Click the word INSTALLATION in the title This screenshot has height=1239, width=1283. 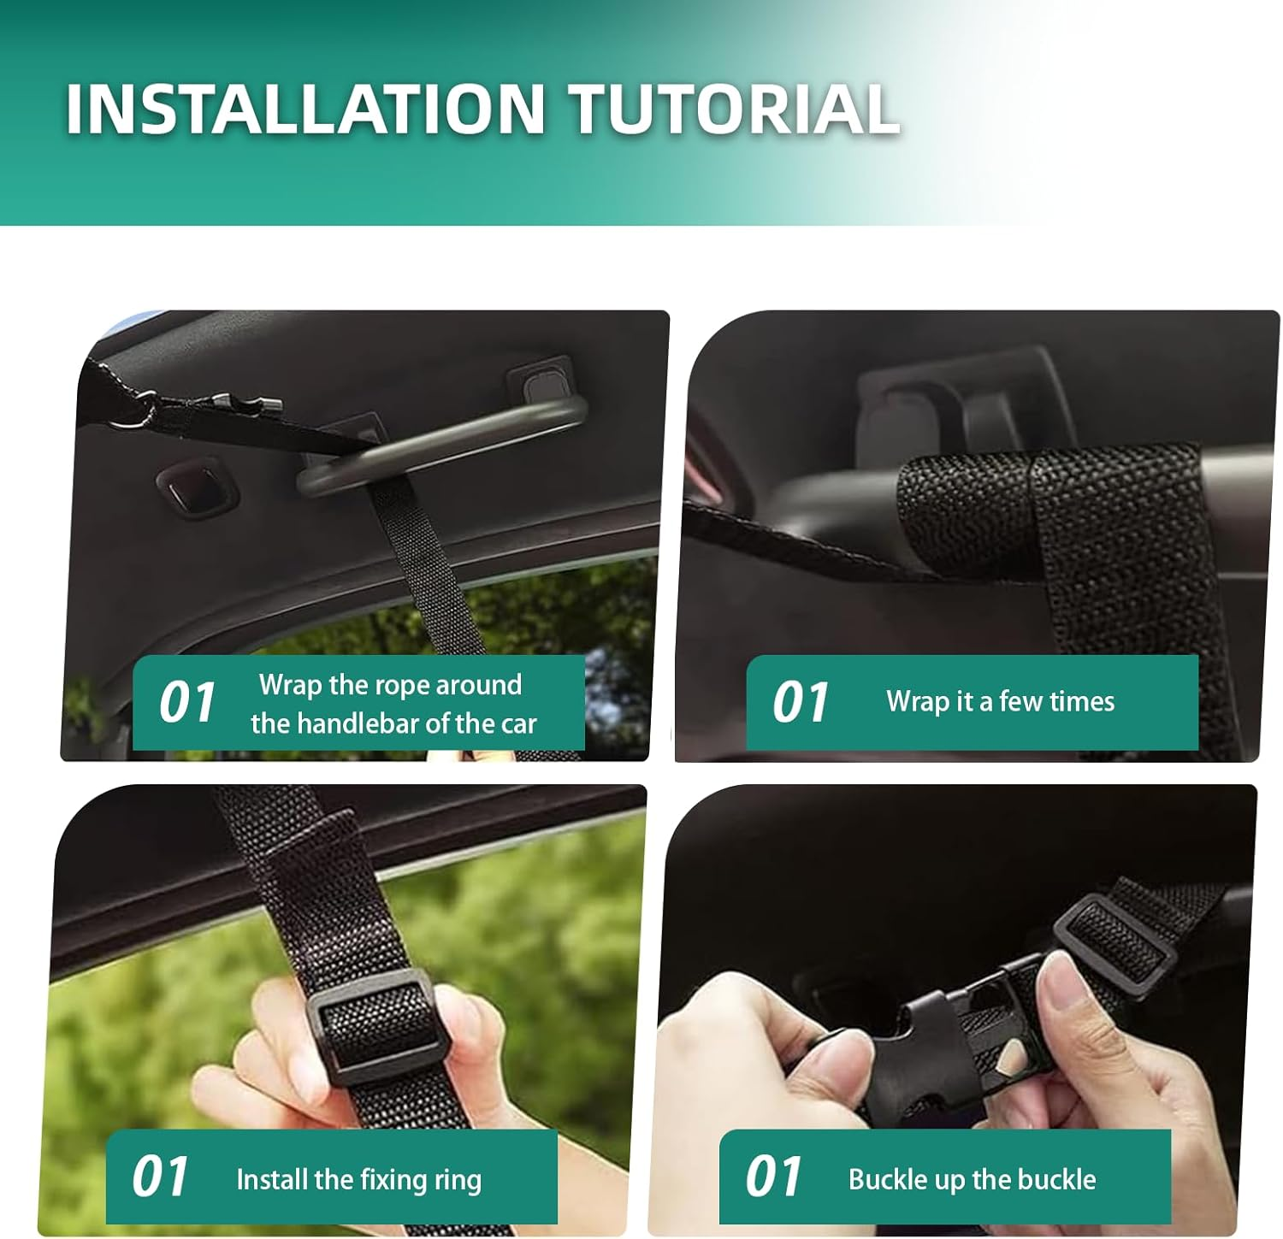click(x=305, y=109)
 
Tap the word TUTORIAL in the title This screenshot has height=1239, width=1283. click(x=735, y=109)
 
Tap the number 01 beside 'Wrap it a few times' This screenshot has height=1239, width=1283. click(x=800, y=703)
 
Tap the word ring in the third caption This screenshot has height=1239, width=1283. click(x=458, y=1181)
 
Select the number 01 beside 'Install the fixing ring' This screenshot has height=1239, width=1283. click(x=160, y=1177)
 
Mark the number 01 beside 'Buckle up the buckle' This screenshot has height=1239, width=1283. click(x=773, y=1177)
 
